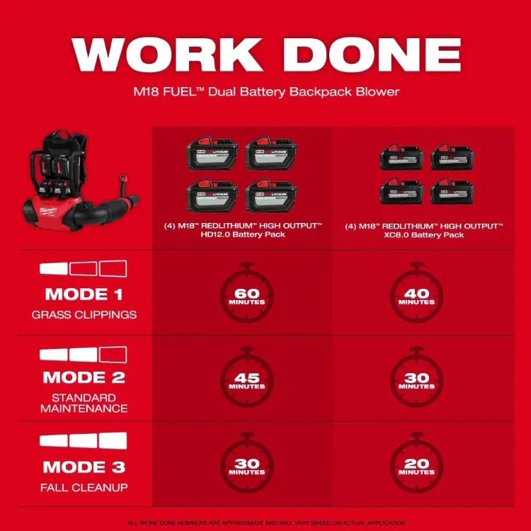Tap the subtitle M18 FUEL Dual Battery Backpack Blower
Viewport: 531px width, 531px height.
tap(265, 91)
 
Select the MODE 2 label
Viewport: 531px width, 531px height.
tap(83, 377)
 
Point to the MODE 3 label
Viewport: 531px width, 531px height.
tap(83, 467)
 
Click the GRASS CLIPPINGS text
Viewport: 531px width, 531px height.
tap(83, 314)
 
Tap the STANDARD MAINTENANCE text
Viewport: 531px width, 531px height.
tap(83, 403)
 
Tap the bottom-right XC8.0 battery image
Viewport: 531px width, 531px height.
tap(453, 191)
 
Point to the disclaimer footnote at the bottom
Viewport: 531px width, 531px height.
tap(265, 521)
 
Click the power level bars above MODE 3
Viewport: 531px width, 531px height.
tap(83, 440)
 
